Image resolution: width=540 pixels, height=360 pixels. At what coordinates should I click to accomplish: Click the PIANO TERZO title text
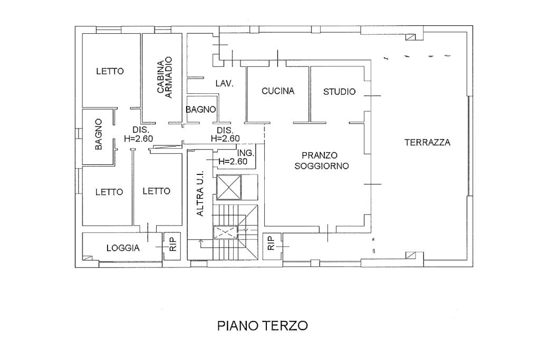coord(263,325)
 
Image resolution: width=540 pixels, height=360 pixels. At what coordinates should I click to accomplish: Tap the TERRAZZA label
coord(427,142)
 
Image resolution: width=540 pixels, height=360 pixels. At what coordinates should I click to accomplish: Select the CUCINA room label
coord(278,91)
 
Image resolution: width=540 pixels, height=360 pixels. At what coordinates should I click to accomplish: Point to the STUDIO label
coord(339,92)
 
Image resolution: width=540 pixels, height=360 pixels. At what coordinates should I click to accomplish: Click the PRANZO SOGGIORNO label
coord(322,160)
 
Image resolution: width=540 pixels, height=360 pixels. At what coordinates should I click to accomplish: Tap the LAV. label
coord(225,83)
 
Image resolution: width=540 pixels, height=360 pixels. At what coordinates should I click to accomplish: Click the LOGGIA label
coord(123,248)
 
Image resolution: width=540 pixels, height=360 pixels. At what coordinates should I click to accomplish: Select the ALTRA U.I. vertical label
coord(200,193)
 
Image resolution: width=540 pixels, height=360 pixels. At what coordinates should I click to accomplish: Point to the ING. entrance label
coord(246,153)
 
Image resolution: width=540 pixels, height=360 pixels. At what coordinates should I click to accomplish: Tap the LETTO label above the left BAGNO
coord(110,71)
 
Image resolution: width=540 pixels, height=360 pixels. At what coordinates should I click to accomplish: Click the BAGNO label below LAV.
coord(201,110)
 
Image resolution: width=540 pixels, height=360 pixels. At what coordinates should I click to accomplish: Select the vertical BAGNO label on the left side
coord(99,134)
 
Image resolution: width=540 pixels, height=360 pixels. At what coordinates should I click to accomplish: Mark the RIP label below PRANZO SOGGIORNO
coord(271,243)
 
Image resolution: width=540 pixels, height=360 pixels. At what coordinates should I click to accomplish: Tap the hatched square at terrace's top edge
coord(411,37)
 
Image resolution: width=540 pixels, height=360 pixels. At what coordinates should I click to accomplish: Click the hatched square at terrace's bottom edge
coord(410,255)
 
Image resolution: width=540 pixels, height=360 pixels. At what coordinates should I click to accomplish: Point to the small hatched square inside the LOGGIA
coord(88,257)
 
